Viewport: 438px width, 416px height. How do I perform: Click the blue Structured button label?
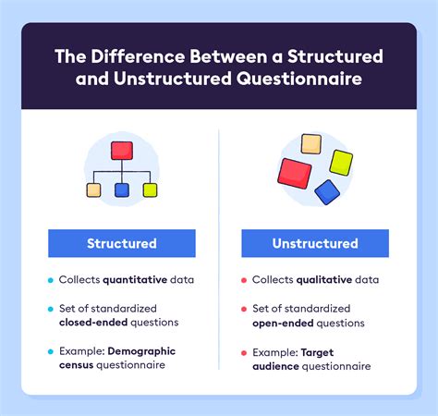[x=121, y=243]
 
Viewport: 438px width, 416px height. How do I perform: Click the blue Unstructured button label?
[x=315, y=243]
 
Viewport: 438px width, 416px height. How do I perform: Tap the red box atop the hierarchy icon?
[x=121, y=151]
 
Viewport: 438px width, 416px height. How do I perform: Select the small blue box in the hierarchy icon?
[x=121, y=190]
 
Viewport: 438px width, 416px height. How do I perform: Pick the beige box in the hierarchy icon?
[x=93, y=190]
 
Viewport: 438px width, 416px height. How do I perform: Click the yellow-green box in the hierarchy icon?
[x=150, y=190]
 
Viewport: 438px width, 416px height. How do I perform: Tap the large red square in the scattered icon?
[x=295, y=173]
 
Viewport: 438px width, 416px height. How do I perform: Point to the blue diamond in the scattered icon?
[x=326, y=191]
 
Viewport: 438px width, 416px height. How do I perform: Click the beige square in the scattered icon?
[x=311, y=143]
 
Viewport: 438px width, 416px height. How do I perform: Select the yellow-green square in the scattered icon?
[x=340, y=162]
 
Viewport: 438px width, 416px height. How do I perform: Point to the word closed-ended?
[x=93, y=324]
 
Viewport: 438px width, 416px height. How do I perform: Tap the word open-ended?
[x=287, y=324]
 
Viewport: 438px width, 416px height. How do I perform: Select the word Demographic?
[x=141, y=351]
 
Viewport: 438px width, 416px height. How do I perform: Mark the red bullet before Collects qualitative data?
[x=243, y=280]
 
